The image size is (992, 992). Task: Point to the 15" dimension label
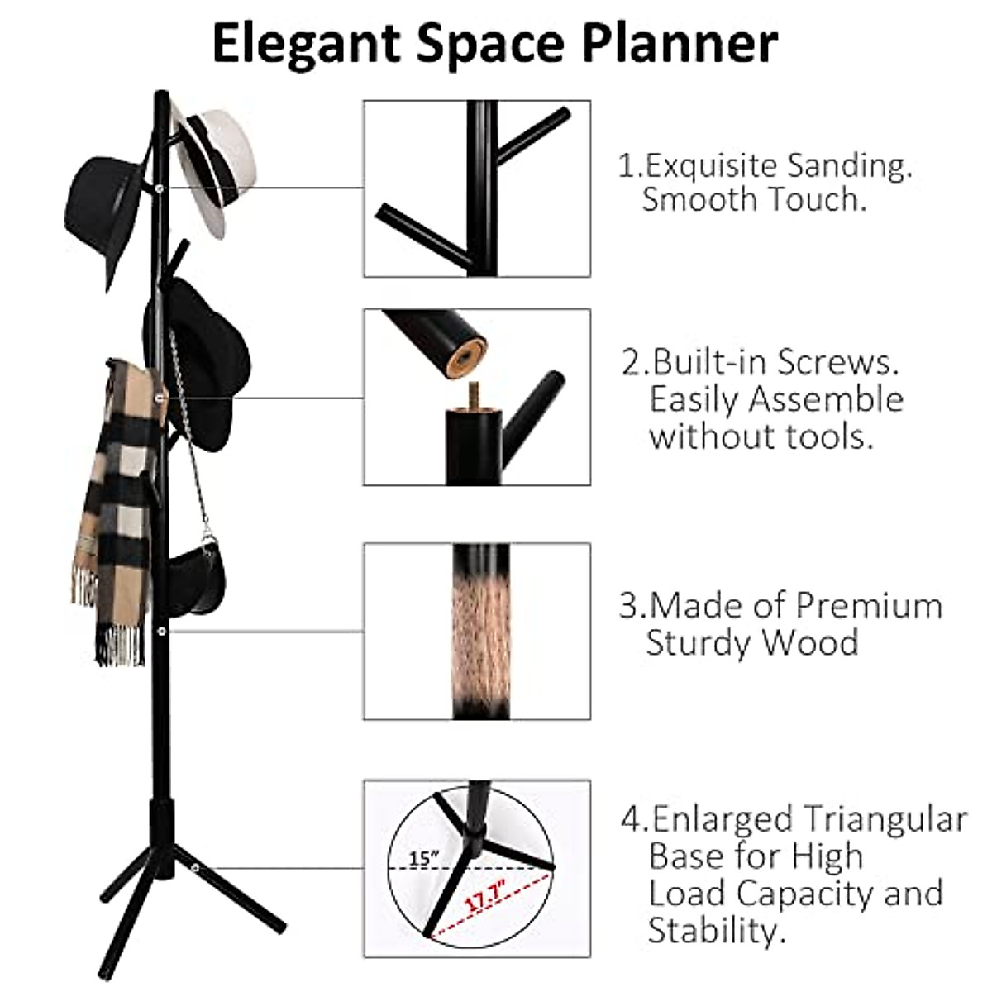tap(424, 858)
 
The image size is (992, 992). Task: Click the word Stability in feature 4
tap(713, 931)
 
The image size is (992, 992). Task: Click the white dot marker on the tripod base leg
tap(195, 868)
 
